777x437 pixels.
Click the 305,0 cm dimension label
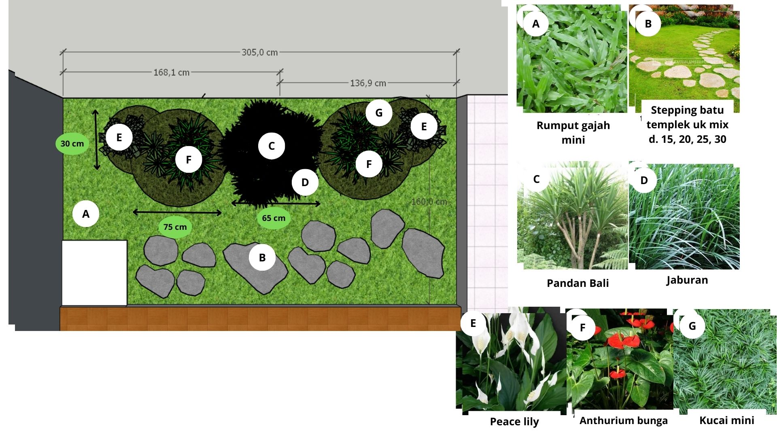pos(260,52)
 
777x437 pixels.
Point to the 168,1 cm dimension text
pos(172,72)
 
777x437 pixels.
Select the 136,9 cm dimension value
pos(368,83)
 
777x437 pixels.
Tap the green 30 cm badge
pos(72,143)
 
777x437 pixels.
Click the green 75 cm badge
pos(175,227)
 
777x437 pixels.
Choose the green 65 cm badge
pos(274,218)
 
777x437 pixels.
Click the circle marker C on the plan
pos(272,146)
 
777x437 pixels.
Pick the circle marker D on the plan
pos(305,182)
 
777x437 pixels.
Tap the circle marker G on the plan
pos(379,112)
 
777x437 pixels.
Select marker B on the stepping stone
pos(262,257)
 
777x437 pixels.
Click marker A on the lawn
pos(86,214)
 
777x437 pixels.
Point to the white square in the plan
pos(94,273)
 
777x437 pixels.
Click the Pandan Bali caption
pos(577,283)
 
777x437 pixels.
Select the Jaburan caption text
pos(687,280)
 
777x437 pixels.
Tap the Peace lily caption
pos(514,422)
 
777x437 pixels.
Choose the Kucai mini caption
pos(727,420)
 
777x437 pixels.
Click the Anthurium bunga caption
pos(624,421)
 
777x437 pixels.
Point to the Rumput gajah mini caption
pos(573,133)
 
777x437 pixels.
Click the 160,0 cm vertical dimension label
pos(429,202)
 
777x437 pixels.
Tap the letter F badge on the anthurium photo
pos(582,327)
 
